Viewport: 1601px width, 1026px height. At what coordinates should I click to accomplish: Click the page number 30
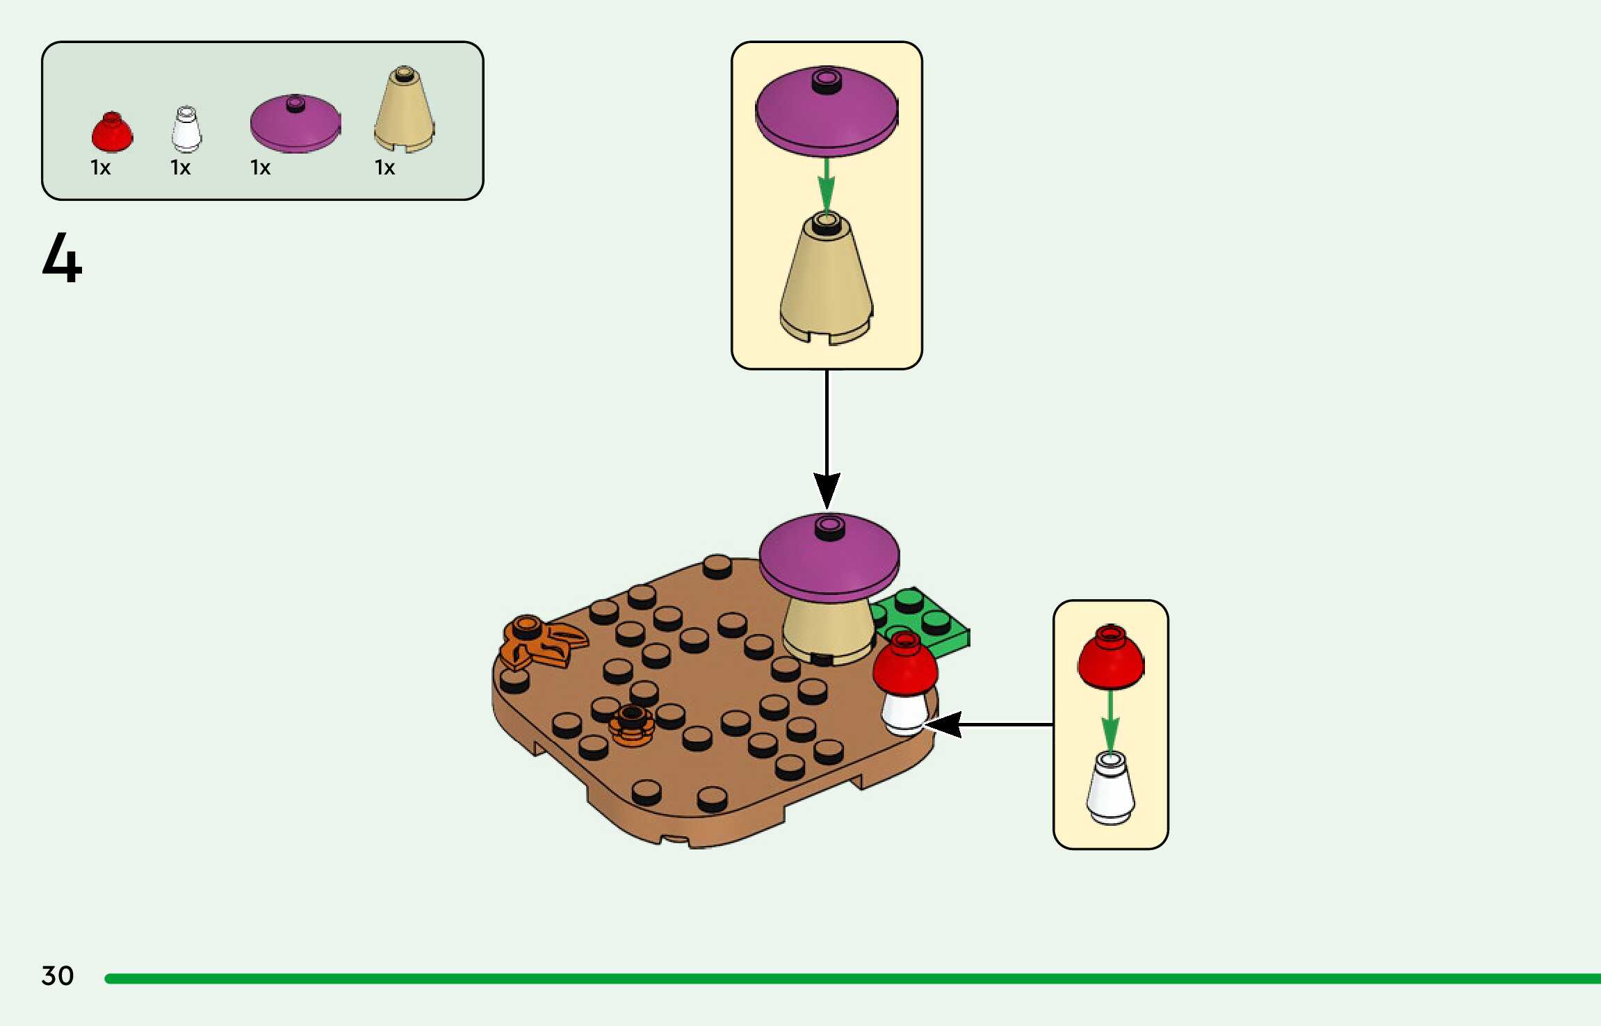58,975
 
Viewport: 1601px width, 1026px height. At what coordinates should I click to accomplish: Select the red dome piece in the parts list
112,132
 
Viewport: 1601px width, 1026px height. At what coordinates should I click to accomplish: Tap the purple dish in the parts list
295,123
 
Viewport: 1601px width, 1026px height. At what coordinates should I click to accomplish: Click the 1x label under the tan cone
384,168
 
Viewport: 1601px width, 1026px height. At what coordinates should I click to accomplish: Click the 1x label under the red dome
101,168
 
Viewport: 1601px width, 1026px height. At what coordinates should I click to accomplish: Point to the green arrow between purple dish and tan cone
826,184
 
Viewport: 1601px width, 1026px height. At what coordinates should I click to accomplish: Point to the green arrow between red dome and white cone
1110,719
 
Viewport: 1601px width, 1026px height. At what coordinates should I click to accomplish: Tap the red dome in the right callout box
1110,657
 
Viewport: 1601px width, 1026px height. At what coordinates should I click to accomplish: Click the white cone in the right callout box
1110,789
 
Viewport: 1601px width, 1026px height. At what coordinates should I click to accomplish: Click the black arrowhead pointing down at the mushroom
827,490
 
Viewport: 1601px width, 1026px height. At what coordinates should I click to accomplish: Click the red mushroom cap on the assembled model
904,666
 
